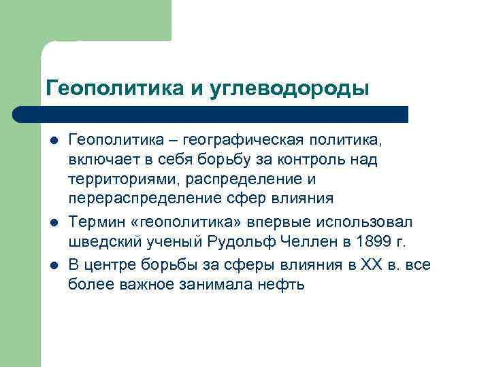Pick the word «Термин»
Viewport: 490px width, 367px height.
click(95, 222)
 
